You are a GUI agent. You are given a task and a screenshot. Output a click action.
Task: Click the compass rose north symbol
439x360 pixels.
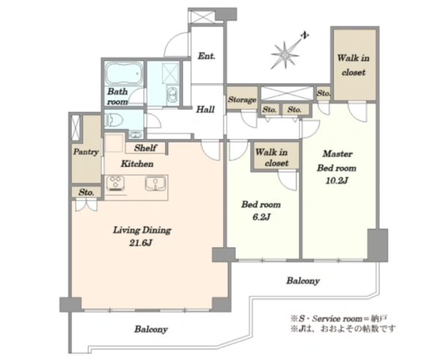point(285,55)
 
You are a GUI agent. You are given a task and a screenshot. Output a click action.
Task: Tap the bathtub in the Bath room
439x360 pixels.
point(124,73)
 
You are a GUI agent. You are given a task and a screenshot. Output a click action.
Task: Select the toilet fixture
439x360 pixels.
point(114,121)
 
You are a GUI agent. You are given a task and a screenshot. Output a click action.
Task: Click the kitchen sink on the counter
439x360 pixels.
point(155,184)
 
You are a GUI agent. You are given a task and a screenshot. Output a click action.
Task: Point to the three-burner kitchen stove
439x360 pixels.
point(115,184)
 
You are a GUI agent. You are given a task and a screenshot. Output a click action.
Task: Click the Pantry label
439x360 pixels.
point(86,151)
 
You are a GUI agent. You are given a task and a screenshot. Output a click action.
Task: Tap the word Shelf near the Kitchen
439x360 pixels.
point(146,148)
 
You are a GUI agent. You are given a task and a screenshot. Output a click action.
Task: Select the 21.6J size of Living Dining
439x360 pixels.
point(140,243)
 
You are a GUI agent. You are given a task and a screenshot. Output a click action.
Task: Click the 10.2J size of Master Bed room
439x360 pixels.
point(337,181)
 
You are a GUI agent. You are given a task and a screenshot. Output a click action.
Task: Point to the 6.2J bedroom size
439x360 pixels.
point(261,217)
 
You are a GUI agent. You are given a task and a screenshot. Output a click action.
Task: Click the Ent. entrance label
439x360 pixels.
point(206,56)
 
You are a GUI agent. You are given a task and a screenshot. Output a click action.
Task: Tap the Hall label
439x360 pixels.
point(205,109)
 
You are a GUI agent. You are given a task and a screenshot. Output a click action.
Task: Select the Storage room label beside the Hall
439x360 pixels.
point(242,100)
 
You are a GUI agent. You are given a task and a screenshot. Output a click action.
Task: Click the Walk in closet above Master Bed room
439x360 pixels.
point(353,65)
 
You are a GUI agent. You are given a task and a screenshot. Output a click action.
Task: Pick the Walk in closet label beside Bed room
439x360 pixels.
point(271,157)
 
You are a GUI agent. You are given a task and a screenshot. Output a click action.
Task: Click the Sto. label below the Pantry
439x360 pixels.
point(86,192)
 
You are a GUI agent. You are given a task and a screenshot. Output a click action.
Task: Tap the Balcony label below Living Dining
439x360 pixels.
point(151,329)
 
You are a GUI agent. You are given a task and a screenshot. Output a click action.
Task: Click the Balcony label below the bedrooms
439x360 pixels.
point(303,280)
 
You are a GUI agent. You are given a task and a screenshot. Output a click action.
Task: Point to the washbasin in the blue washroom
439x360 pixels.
point(172,94)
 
